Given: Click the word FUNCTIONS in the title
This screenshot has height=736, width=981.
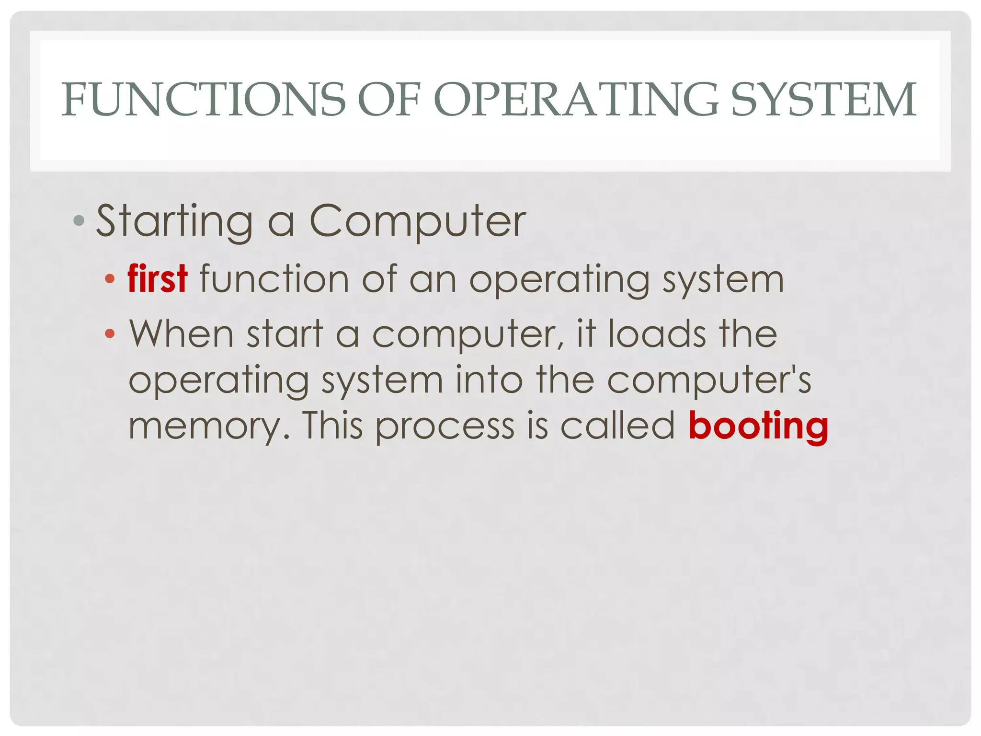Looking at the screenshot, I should [x=204, y=99].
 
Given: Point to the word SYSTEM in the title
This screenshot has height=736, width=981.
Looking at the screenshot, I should [x=824, y=99].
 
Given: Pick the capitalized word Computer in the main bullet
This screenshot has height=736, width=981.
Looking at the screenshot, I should [x=418, y=221].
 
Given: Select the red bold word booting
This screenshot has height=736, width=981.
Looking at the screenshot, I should [x=758, y=426].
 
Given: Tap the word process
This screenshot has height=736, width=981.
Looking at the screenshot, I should [x=445, y=426].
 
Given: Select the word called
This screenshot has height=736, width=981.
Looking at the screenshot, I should [x=617, y=426].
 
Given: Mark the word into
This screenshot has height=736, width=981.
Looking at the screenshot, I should [x=489, y=379].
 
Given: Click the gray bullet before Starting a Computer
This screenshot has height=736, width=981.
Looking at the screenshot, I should [x=79, y=221].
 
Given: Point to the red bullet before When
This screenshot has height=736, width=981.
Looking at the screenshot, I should [x=110, y=333].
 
